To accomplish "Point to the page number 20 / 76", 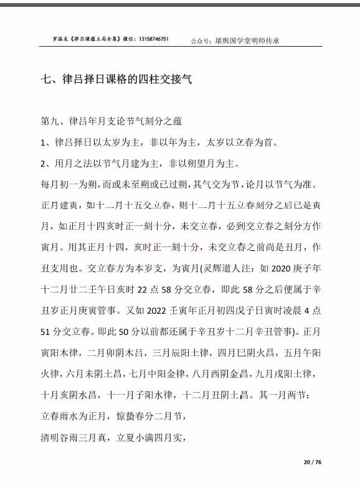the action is click(312, 462).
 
